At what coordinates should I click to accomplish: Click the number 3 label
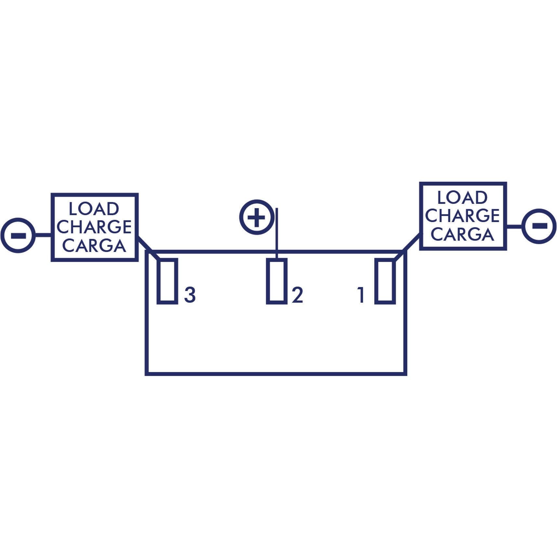click(x=190, y=295)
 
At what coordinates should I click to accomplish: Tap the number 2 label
click(x=298, y=295)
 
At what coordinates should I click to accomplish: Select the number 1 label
click(x=361, y=295)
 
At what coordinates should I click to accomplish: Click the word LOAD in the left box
click(x=94, y=209)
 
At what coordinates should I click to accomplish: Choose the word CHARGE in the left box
click(x=94, y=227)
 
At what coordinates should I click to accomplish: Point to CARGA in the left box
click(x=94, y=245)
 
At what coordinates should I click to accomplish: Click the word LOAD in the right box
click(x=462, y=197)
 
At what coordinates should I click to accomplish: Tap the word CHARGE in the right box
click(x=462, y=216)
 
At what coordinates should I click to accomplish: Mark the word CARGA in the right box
click(x=462, y=234)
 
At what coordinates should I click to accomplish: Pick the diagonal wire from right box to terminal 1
click(x=407, y=247)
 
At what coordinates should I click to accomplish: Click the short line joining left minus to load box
click(x=43, y=235)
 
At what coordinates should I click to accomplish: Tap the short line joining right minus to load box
click(x=514, y=226)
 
